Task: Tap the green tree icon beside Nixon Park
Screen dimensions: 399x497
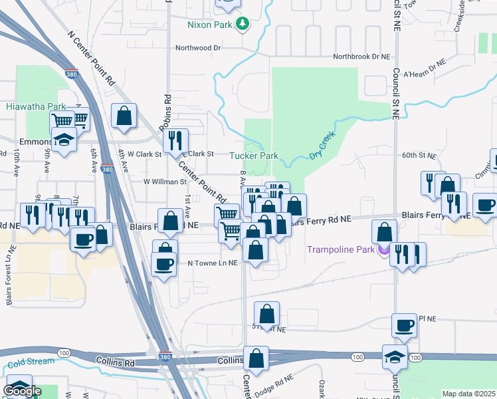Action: (x=243, y=25)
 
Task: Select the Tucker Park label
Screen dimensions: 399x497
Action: (x=253, y=156)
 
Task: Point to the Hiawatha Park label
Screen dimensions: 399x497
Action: (x=36, y=106)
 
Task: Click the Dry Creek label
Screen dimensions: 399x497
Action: (x=323, y=146)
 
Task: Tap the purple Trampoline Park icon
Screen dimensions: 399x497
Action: (x=382, y=250)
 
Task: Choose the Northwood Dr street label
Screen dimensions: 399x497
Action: (x=197, y=48)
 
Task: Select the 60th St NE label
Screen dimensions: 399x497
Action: (x=419, y=156)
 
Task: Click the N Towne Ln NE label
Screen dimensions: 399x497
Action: (x=212, y=263)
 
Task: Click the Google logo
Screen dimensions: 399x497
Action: (x=22, y=390)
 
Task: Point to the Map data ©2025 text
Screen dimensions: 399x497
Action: (x=468, y=394)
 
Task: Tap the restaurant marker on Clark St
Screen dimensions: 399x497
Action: (x=175, y=140)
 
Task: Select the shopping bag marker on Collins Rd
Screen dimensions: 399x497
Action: (x=256, y=358)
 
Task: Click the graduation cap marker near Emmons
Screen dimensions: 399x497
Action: (x=63, y=140)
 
